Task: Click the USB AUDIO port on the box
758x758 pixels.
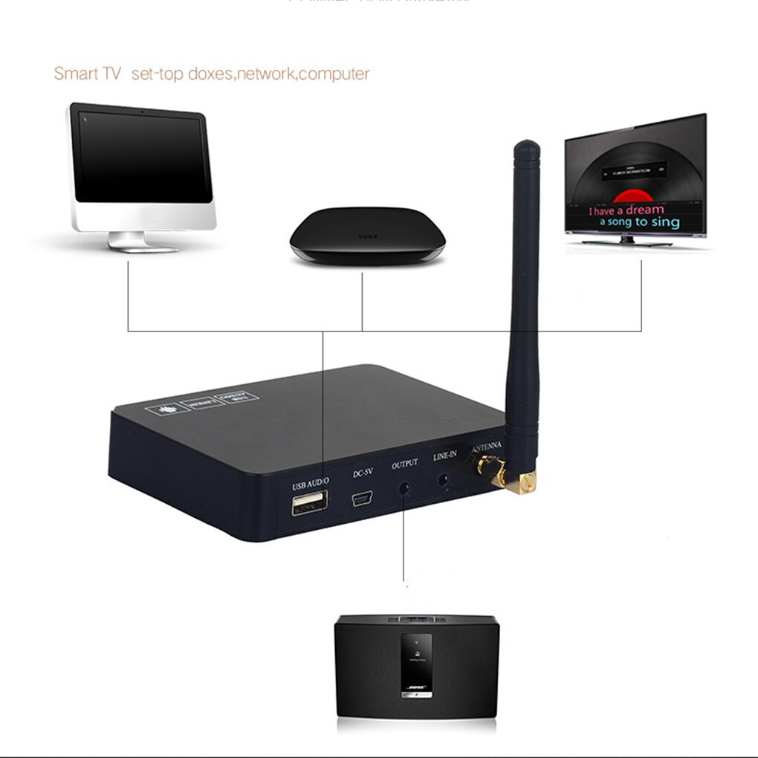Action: [x=309, y=503]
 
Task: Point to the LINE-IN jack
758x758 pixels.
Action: [x=444, y=479]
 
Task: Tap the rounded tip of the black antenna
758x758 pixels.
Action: [x=528, y=146]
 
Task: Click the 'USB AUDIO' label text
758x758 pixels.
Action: [x=310, y=485]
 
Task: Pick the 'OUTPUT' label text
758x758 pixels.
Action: [x=405, y=464]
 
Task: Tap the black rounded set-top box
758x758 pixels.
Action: [x=366, y=234]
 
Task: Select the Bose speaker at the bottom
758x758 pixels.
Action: [x=416, y=665]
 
